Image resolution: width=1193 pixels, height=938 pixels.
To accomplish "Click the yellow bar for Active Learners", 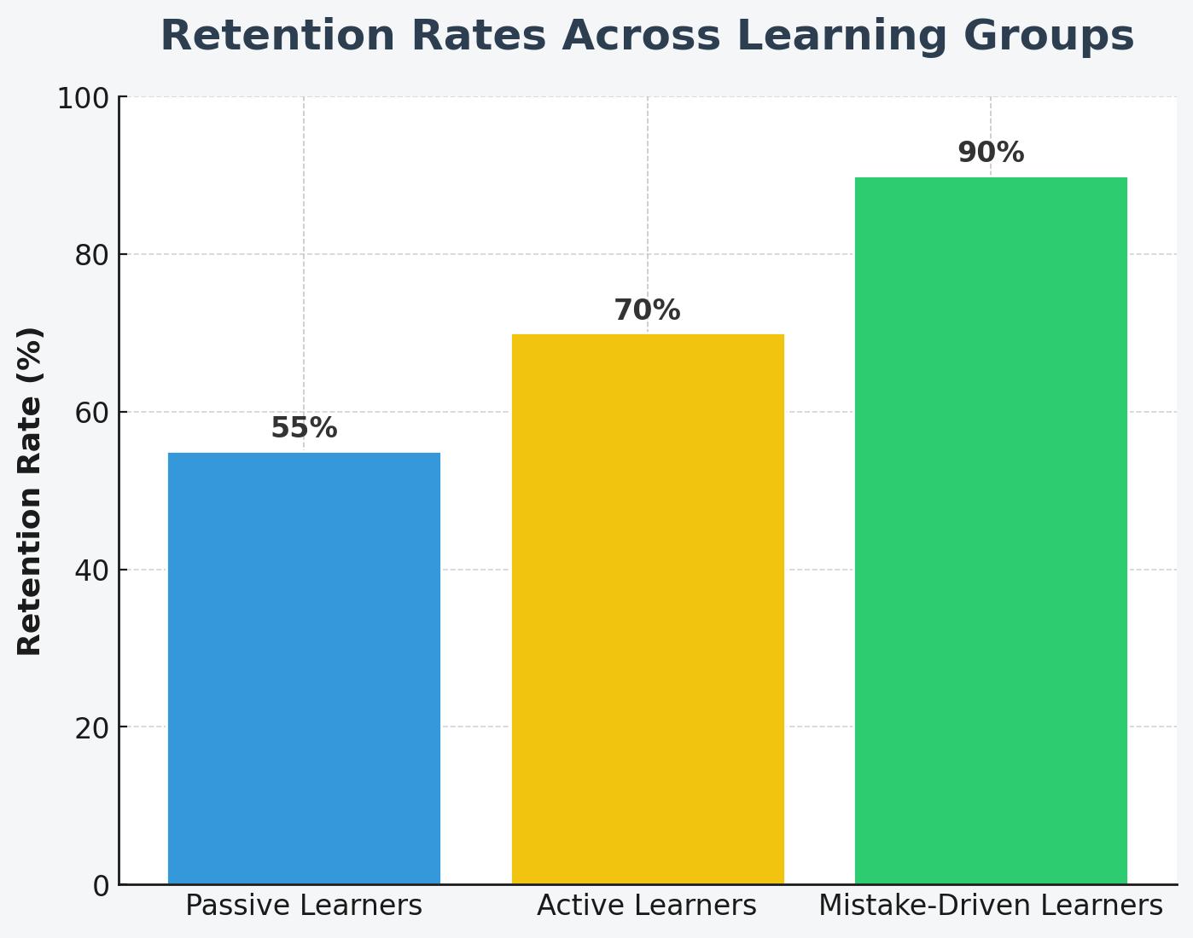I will coord(648,609).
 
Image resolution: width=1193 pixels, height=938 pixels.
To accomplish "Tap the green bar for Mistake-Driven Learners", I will coord(991,530).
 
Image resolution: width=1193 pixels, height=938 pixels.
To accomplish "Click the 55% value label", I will coord(304,428).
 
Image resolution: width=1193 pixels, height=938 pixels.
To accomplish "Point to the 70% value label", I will coord(648,310).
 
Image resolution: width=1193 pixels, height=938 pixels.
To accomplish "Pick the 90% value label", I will coord(991,153).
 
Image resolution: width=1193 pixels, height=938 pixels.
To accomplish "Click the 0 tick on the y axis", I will coord(101,886).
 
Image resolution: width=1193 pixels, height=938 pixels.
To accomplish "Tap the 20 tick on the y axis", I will coord(92,728).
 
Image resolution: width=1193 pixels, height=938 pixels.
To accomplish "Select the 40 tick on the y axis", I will coord(92,570).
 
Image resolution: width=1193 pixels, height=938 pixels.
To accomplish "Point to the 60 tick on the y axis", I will coord(92,413).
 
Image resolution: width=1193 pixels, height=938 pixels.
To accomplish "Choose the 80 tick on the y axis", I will coord(92,255).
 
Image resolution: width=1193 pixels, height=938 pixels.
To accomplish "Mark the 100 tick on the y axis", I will coord(84,98).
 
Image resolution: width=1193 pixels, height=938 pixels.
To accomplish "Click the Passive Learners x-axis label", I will coord(304,906).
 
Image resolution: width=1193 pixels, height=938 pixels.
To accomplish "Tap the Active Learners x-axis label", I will coord(647,906).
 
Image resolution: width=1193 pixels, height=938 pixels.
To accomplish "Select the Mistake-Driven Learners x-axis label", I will coord(991,906).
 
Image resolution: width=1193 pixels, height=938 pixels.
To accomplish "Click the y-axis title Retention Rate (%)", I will coord(31,491).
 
